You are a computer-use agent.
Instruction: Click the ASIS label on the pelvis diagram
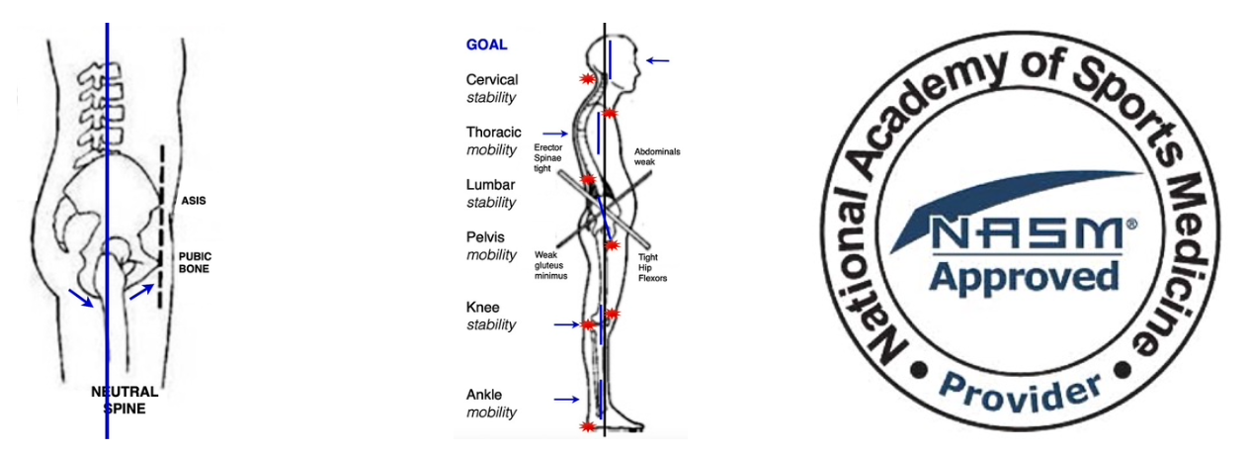[x=193, y=201]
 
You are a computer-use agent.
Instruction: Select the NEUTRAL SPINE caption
[x=124, y=400]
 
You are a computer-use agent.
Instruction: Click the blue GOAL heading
[x=486, y=45]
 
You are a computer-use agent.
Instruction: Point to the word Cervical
[x=492, y=79]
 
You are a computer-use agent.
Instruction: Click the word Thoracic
[x=494, y=132]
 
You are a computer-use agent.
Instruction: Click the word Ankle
[x=486, y=395]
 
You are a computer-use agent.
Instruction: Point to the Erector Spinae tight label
[x=548, y=158]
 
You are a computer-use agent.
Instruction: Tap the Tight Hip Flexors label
[x=653, y=267]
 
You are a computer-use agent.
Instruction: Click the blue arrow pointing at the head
[x=657, y=61]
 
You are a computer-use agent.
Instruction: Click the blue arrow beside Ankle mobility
[x=565, y=400]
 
